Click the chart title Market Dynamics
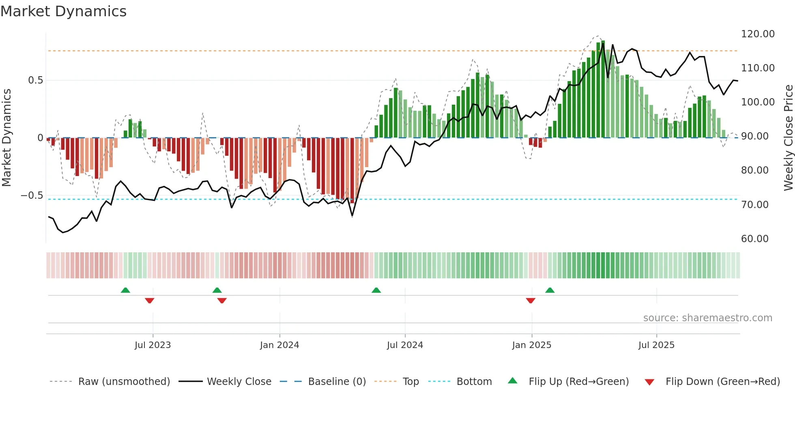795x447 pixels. pos(63,11)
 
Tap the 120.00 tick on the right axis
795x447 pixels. pos(757,34)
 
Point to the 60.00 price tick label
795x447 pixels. pos(754,239)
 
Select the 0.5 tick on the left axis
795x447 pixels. pos(35,80)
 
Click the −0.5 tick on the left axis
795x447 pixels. pos(32,196)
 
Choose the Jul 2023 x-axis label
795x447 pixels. pos(153,345)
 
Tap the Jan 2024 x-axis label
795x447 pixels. pos(279,345)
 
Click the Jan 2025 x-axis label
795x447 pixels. pos(531,345)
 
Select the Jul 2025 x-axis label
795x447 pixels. pos(656,345)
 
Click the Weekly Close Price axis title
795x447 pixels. pos(788,138)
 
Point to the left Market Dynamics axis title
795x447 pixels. pos(6,138)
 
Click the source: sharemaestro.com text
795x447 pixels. pos(707,318)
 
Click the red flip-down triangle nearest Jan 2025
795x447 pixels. pos(531,301)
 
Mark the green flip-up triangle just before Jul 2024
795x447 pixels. pos(376,290)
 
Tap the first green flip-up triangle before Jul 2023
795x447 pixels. pos(125,290)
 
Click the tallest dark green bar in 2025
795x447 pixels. pos(603,89)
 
